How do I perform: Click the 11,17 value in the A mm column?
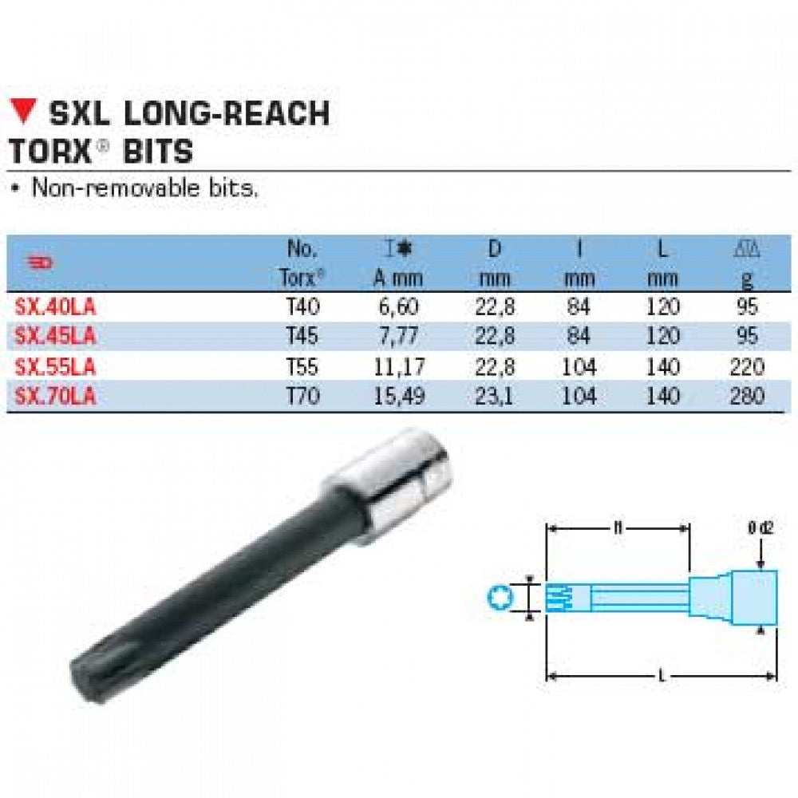tap(398, 366)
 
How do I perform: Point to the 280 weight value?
tap(748, 396)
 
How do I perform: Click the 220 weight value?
tap(748, 366)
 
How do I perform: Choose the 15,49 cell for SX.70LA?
tap(398, 396)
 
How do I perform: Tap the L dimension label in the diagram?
tap(661, 677)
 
